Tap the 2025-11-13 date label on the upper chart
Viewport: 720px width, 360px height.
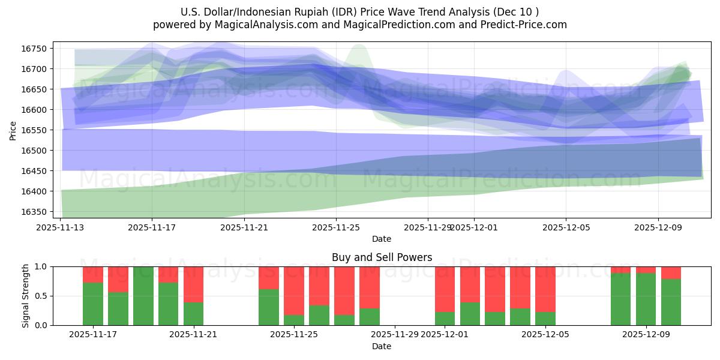pyautogui.click(x=60, y=227)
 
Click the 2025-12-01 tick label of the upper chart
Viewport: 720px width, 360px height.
pyautogui.click(x=474, y=227)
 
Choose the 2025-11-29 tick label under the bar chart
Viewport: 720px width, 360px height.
pyautogui.click(x=395, y=334)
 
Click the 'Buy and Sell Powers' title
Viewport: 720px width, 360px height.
pyautogui.click(x=382, y=257)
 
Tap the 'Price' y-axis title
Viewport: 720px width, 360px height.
pyautogui.click(x=13, y=130)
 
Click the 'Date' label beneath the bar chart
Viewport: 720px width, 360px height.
pyautogui.click(x=382, y=346)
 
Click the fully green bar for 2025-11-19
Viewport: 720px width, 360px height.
pyautogui.click(x=143, y=296)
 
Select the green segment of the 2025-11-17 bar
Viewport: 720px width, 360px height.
pyautogui.click(x=93, y=304)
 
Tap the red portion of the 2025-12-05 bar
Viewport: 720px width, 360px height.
pyautogui.click(x=545, y=289)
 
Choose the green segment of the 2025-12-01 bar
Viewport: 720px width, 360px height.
pyautogui.click(x=445, y=319)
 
